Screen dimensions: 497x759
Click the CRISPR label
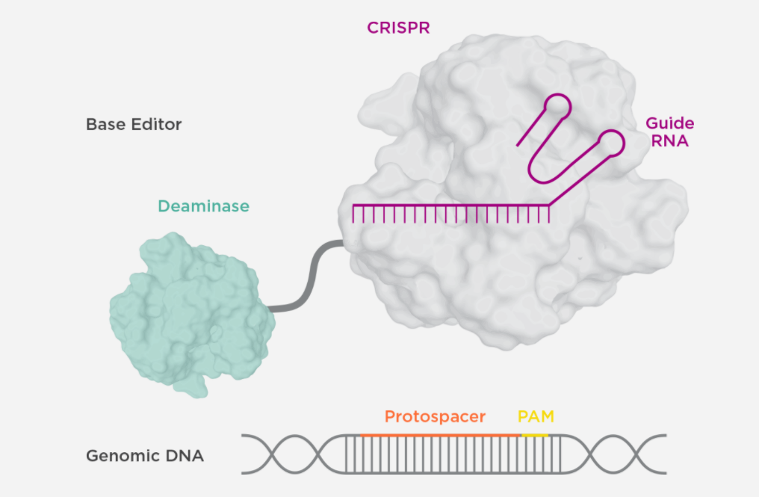pos(398,28)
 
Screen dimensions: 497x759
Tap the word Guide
pos(669,123)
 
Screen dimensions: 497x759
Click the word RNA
pos(670,141)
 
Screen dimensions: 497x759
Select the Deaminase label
pos(203,206)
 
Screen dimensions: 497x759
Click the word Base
pos(103,124)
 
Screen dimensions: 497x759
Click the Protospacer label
pos(435,416)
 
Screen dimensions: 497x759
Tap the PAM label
pos(536,416)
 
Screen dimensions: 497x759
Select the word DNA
pos(182,455)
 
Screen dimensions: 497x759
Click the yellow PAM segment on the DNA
pos(535,435)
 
